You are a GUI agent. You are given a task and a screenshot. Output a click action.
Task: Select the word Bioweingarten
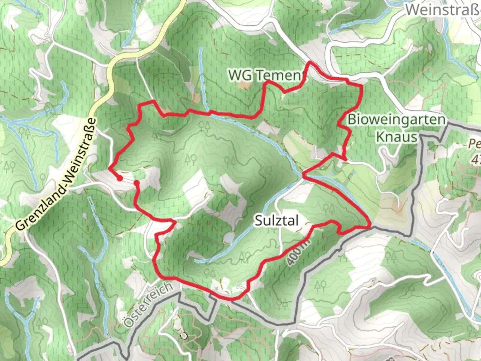(x=396, y=120)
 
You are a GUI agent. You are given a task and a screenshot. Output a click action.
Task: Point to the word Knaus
(x=396, y=137)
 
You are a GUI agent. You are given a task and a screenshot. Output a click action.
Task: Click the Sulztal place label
(x=277, y=221)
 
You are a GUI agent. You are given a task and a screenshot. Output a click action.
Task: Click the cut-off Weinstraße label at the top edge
(x=443, y=10)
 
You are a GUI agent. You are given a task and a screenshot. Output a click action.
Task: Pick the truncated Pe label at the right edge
(x=474, y=144)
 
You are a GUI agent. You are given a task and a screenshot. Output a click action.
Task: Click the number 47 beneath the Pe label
(x=476, y=159)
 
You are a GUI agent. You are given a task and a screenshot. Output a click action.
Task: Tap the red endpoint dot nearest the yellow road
(x=119, y=178)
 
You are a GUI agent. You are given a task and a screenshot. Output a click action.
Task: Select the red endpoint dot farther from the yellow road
(x=136, y=183)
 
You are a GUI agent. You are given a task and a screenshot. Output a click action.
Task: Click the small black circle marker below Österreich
(x=183, y=336)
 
